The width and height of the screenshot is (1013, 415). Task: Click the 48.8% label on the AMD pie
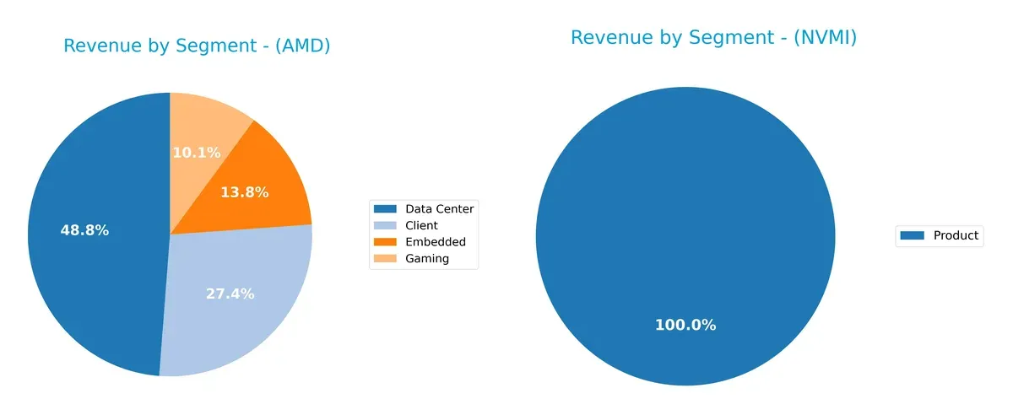click(84, 230)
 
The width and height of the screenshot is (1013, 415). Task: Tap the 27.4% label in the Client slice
click(230, 294)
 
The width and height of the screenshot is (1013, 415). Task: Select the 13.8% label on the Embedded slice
click(244, 192)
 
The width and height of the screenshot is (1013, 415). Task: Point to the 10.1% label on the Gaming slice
click(196, 153)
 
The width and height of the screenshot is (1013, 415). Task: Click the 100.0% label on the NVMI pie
click(685, 325)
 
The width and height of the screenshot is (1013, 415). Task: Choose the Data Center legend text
click(439, 208)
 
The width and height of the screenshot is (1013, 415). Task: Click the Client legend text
click(421, 225)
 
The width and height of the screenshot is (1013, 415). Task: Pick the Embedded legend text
click(435, 242)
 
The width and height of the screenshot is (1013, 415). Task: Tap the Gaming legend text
click(427, 259)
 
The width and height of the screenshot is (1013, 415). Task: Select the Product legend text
click(956, 235)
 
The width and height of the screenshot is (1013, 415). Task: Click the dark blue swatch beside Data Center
click(386, 208)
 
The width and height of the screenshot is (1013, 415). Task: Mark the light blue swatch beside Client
click(386, 225)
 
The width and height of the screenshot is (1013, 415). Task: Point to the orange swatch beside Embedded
click(386, 242)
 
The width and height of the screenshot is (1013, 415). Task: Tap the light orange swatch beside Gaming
click(386, 259)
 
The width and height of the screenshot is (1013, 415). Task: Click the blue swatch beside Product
click(913, 235)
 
